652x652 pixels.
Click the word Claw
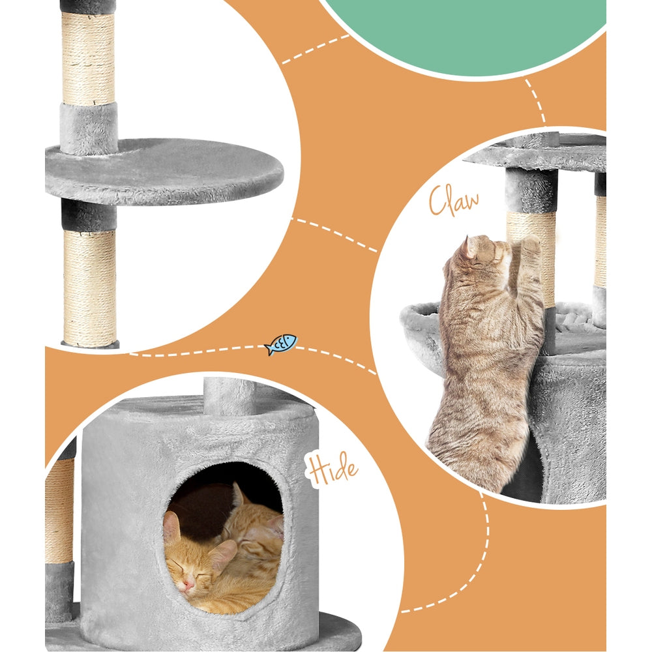tap(454, 201)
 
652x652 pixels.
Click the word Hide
tap(333, 469)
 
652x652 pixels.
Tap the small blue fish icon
tap(281, 344)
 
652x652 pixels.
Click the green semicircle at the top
tap(463, 33)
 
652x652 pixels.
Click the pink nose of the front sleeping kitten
tap(188, 587)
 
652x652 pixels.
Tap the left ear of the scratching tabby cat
tap(469, 247)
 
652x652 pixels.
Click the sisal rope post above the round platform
tap(88, 59)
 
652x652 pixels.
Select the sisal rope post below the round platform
tap(89, 287)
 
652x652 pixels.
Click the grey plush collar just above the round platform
tap(89, 127)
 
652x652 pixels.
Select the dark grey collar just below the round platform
tap(89, 215)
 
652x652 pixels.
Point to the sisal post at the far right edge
tap(600, 241)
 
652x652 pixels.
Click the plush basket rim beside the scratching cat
tap(417, 326)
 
